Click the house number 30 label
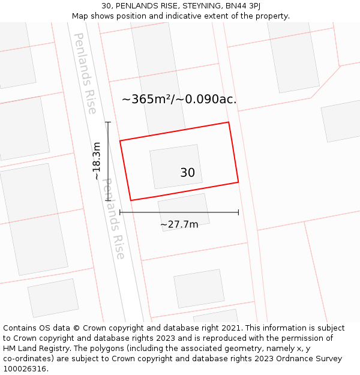(187, 173)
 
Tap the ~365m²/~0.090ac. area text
(179, 100)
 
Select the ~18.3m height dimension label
(97, 161)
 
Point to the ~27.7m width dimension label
(179, 224)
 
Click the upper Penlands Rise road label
(85, 73)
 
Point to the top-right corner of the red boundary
(229, 122)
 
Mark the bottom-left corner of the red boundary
(130, 200)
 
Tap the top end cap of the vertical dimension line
(108, 122)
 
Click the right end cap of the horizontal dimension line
(238, 212)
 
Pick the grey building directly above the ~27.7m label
(184, 210)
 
